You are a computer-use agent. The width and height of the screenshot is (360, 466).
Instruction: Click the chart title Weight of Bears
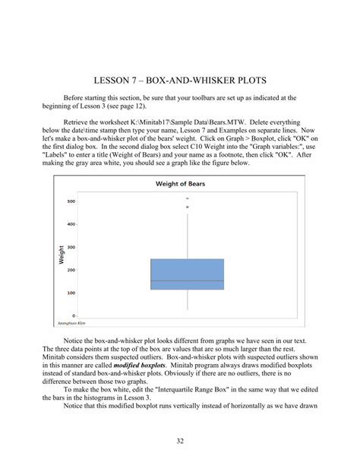pos(180,184)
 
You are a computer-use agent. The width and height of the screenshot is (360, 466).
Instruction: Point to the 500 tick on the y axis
pos(71,201)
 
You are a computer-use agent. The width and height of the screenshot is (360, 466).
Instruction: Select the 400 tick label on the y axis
pos(71,224)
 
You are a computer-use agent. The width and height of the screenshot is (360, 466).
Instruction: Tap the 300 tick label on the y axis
pos(71,247)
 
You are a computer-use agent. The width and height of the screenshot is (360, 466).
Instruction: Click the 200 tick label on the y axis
pos(71,270)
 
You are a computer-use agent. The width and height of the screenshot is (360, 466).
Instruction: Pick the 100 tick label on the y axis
pos(71,293)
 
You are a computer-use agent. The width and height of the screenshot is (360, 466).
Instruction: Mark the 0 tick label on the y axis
pos(73,315)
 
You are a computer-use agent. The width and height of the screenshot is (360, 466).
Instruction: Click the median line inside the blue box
pos(188,281)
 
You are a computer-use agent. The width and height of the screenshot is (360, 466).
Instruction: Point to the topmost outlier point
pos(188,199)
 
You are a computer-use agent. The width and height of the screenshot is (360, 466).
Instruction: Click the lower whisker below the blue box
pos(188,300)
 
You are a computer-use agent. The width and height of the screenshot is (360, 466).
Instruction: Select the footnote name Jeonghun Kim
pos(69,323)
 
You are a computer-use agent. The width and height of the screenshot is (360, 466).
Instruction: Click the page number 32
pos(180,439)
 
